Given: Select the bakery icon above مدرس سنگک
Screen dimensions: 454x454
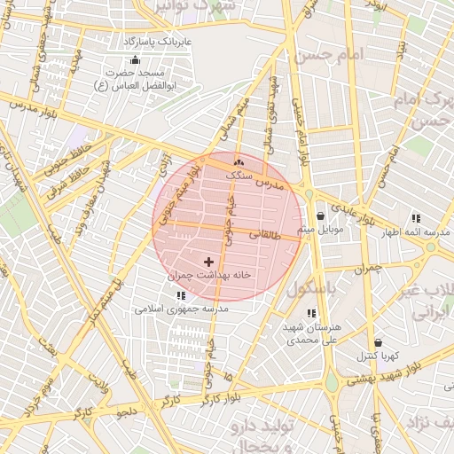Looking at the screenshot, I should [237, 162].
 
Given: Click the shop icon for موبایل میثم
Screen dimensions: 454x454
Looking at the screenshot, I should [320, 215].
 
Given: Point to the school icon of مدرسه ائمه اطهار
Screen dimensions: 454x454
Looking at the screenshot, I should [415, 218].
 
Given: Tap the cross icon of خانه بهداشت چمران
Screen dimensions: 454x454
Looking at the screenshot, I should [209, 262].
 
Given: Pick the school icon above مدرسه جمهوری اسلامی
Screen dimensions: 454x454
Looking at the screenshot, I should [181, 294].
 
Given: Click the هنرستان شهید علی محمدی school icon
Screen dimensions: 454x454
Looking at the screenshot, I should [310, 313].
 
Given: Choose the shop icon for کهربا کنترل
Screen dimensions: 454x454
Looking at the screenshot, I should [379, 342].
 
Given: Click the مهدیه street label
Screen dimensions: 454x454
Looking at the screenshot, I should [74, 63].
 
